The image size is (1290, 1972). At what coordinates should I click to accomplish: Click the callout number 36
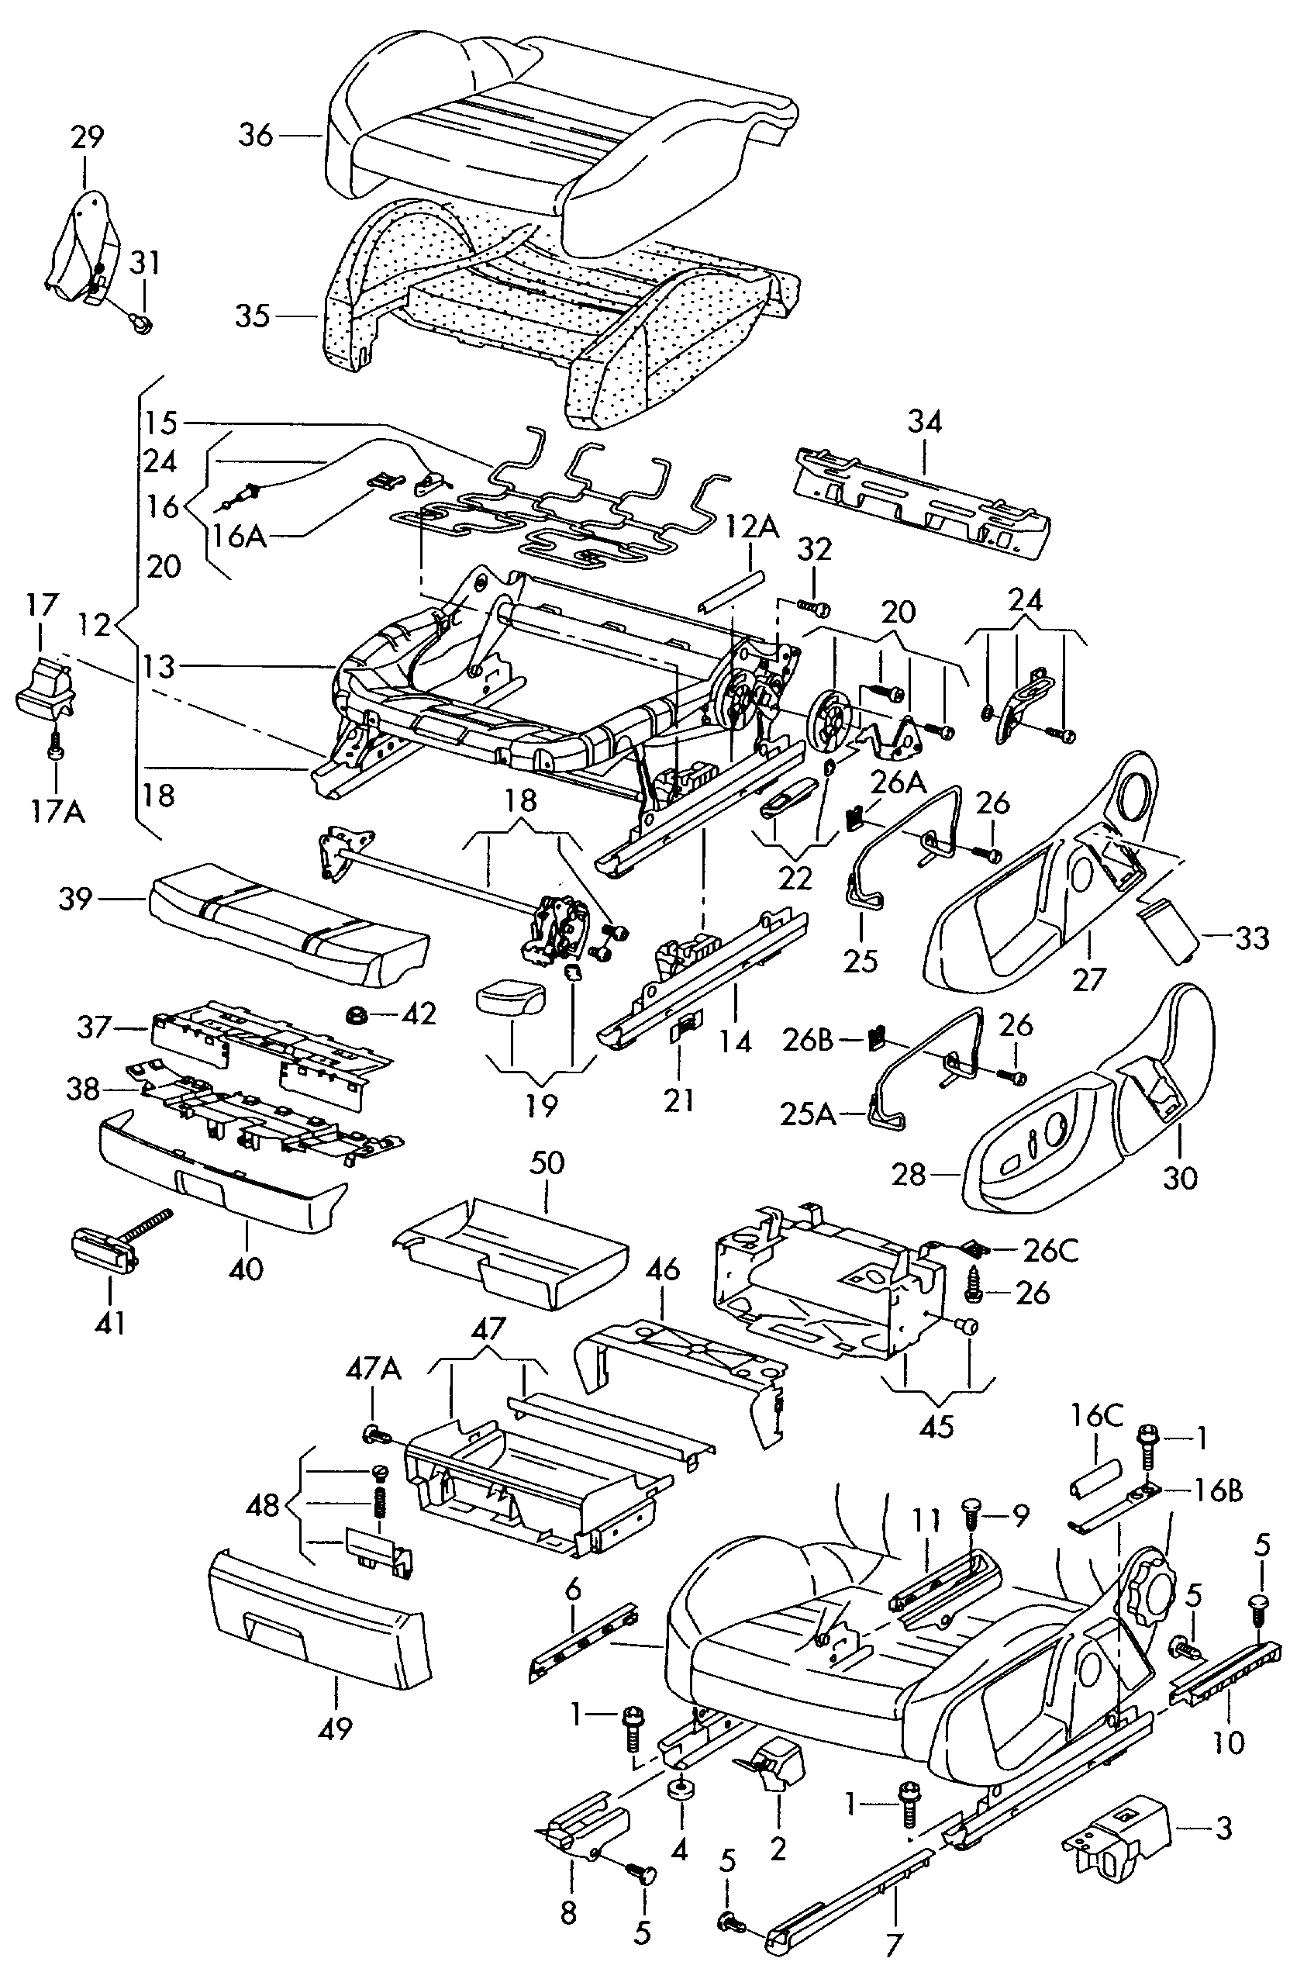click(255, 135)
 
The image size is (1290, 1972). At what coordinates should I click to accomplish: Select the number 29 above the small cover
click(87, 136)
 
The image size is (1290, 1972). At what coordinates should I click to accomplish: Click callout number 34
click(925, 422)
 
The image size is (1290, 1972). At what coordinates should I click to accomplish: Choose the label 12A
click(753, 527)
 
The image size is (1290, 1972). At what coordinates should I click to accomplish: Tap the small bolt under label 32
click(812, 609)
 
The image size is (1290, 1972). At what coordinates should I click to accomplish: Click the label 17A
click(58, 811)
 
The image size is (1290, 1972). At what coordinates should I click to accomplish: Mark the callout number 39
click(75, 899)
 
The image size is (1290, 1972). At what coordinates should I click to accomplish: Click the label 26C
click(1050, 1251)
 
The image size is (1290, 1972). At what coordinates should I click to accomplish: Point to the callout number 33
click(1251, 938)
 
